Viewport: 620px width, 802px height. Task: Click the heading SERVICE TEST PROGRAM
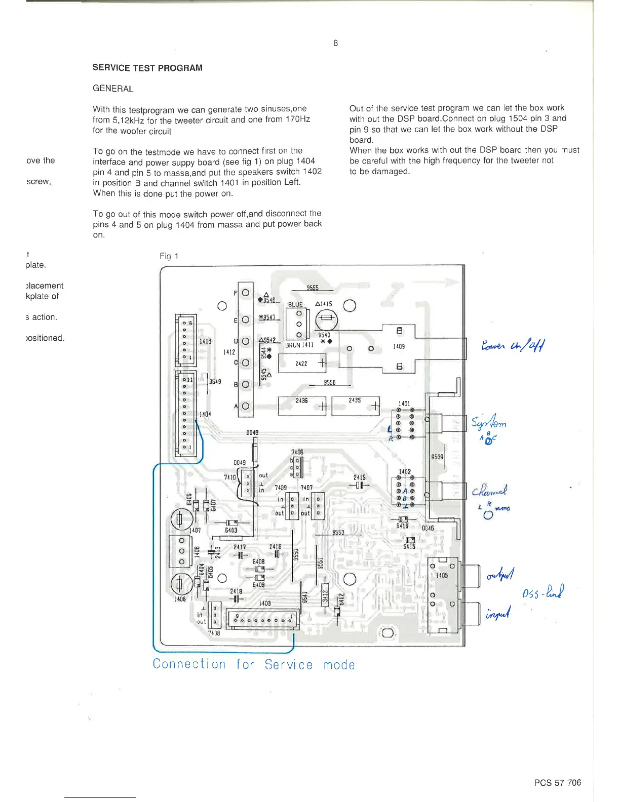(147, 68)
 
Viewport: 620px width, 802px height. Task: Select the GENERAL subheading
(113, 89)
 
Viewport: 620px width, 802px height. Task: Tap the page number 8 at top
(335, 43)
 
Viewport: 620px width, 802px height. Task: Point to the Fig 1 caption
(169, 256)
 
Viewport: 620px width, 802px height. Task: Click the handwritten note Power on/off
(513, 346)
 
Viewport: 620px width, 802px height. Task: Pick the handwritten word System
(489, 422)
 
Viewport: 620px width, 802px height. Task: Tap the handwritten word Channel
(489, 491)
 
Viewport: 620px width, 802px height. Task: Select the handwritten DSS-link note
(543, 591)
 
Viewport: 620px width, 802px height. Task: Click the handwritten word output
(500, 575)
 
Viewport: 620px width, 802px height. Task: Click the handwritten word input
(498, 614)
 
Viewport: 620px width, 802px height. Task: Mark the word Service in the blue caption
(288, 665)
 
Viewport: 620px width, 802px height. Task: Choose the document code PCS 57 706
(557, 783)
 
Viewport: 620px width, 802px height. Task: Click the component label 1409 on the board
(399, 346)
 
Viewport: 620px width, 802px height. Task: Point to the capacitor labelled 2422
(302, 363)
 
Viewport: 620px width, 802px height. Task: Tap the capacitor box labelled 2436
(302, 406)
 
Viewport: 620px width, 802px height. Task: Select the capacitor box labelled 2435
(355, 406)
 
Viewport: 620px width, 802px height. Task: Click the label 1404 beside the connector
(205, 414)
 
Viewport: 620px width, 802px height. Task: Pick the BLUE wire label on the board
(295, 304)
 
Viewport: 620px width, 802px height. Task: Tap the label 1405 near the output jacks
(442, 575)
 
